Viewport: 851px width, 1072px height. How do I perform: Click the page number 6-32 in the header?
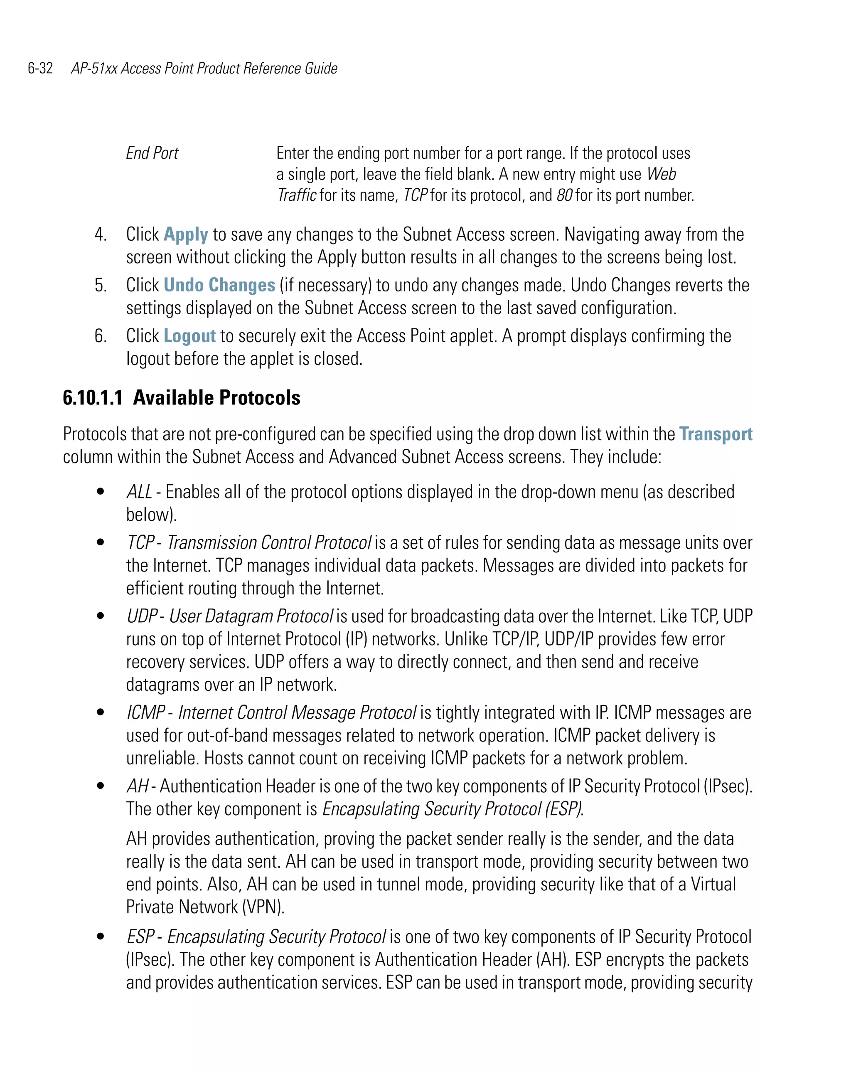point(40,68)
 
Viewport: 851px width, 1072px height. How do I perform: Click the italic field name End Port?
point(152,153)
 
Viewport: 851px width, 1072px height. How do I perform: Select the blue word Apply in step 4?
point(185,234)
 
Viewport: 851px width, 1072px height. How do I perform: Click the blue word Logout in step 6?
point(189,336)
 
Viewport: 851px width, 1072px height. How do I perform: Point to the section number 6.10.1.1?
point(93,398)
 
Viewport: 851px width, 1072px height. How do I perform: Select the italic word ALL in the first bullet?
point(139,492)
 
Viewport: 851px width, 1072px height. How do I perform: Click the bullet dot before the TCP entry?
point(101,542)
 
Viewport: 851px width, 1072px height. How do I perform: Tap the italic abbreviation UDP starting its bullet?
point(142,616)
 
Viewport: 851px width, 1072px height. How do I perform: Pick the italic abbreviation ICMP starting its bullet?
point(145,712)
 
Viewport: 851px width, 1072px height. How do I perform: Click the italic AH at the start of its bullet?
point(137,786)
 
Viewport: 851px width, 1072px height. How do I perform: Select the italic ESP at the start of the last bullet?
point(140,937)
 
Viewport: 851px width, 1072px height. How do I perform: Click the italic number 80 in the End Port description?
point(564,195)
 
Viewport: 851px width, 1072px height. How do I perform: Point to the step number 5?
point(101,286)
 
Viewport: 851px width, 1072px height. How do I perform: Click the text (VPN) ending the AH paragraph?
point(263,907)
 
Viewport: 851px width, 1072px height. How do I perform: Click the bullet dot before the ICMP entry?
point(101,712)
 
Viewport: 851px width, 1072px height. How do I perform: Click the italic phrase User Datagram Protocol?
point(251,616)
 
